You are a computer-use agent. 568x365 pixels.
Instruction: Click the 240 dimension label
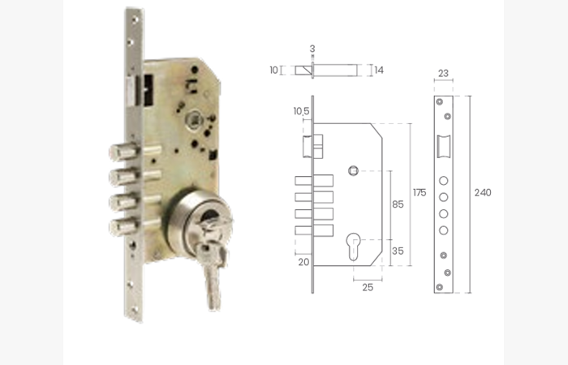click(x=483, y=193)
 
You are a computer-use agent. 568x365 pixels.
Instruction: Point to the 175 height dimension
click(x=420, y=193)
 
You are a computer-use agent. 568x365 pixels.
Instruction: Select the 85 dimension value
click(x=398, y=204)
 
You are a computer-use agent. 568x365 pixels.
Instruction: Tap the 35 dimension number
click(x=398, y=251)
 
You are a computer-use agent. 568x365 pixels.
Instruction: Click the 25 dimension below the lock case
click(x=368, y=287)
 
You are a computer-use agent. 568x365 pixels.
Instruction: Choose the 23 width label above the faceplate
click(x=443, y=73)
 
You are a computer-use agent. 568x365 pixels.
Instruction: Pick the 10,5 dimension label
click(x=301, y=111)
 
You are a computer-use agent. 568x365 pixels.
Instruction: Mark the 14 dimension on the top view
click(x=379, y=70)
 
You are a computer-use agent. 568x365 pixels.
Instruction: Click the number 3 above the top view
click(x=312, y=49)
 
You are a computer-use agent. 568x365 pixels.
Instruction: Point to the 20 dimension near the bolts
click(x=303, y=262)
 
